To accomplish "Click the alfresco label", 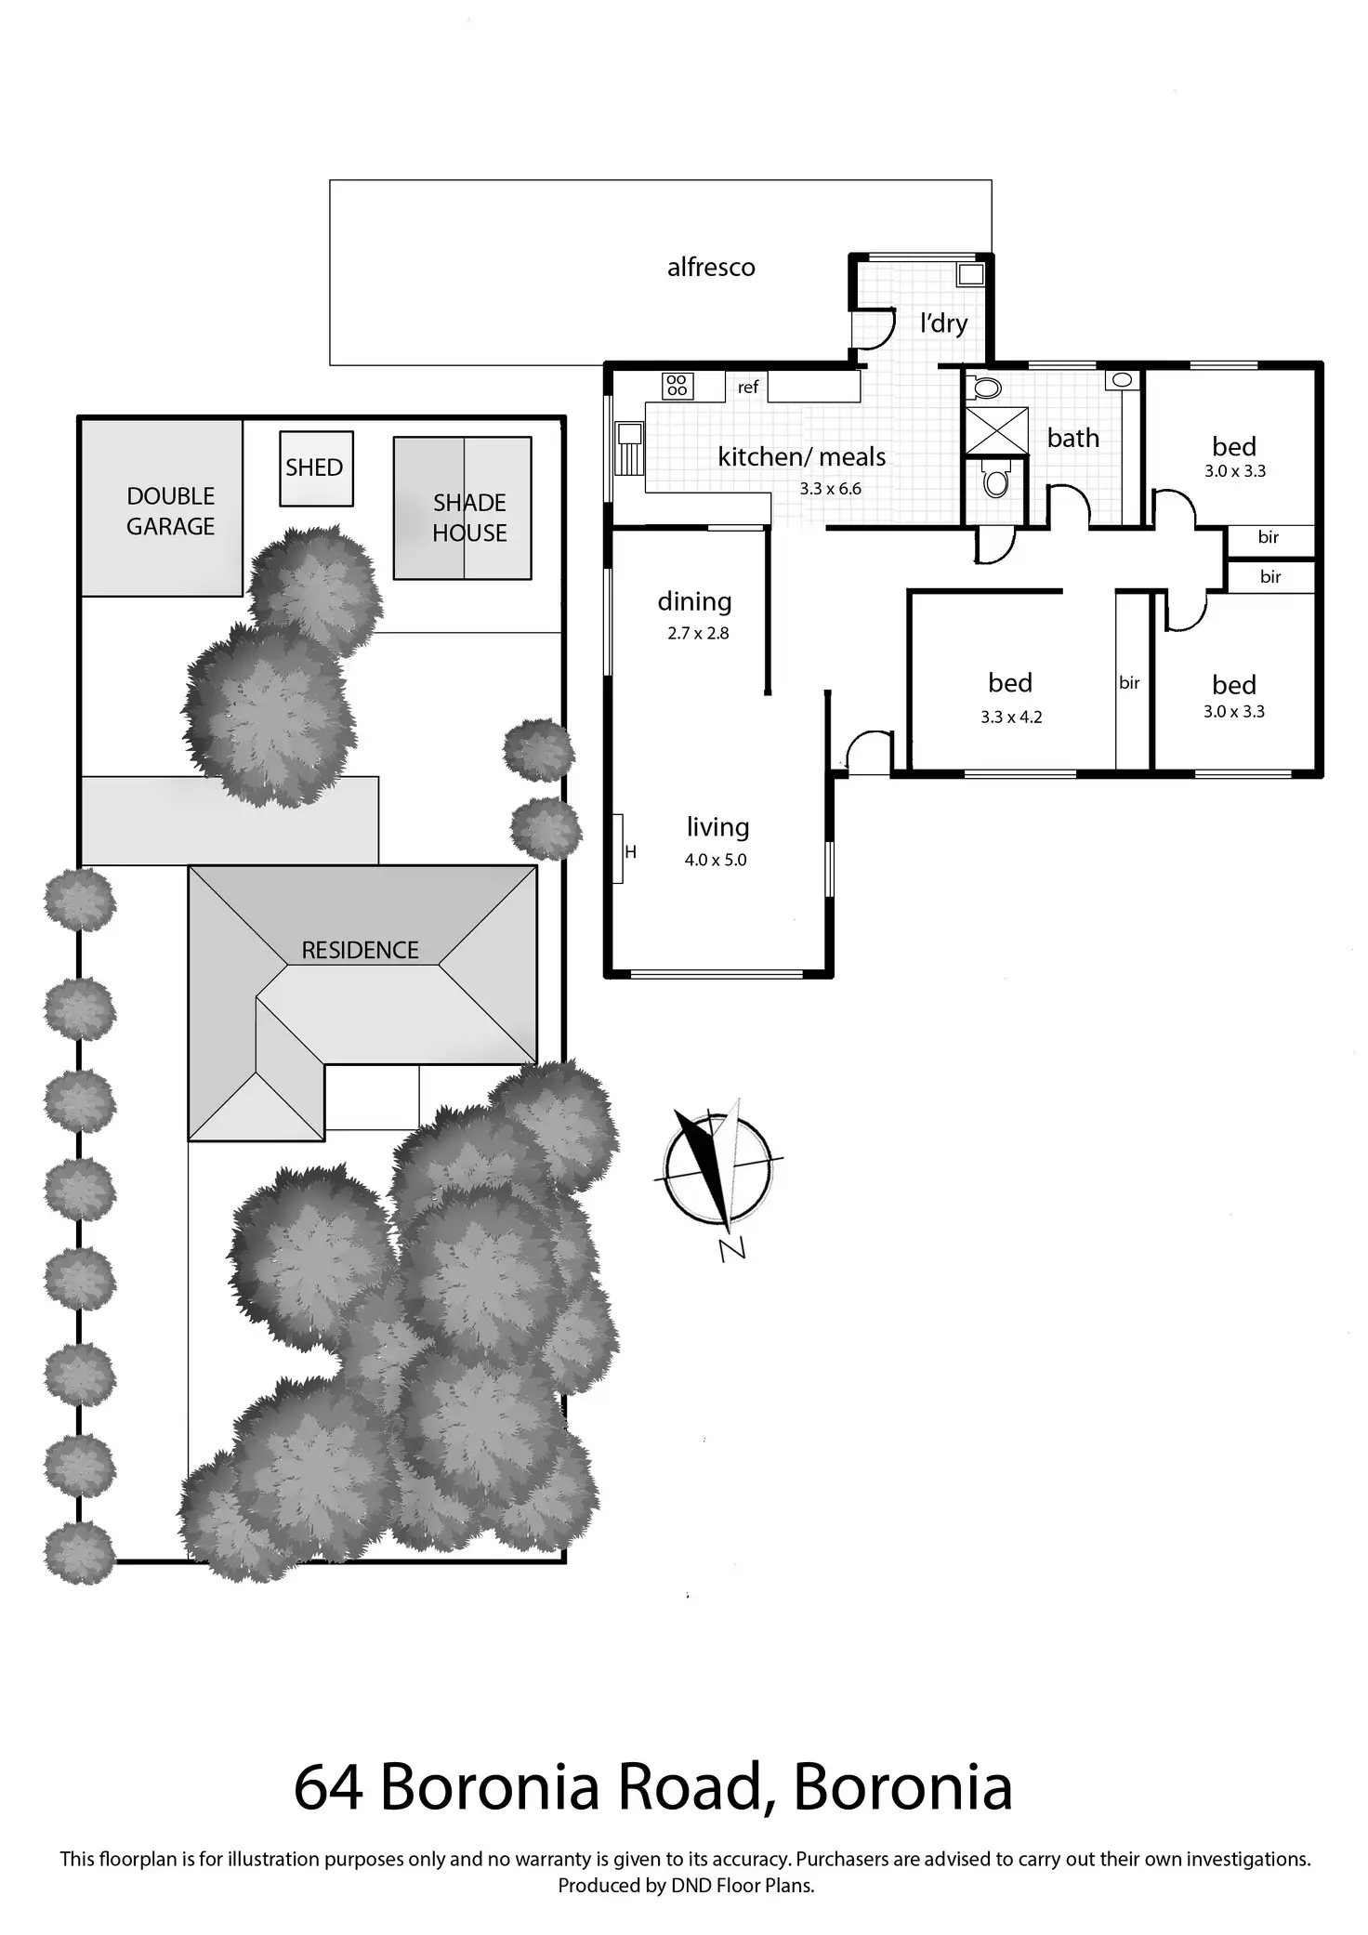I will point(711,268).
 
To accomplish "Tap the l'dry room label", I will point(943,323).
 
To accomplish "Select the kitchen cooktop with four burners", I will point(677,385).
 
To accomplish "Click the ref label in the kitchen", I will point(748,388).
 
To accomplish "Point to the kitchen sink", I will point(630,437).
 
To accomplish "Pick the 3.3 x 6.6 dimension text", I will point(831,489).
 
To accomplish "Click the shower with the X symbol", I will point(997,430).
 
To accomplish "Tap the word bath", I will point(1073,438).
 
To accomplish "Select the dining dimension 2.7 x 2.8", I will point(698,634).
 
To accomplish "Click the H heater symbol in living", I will point(630,852).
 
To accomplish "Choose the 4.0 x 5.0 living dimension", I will point(716,861).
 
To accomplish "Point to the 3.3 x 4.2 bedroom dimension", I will point(1011,717).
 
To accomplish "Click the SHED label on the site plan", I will point(314,467).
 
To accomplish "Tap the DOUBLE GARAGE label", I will point(171,511).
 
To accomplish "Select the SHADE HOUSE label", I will point(469,518).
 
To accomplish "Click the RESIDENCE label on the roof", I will point(360,950).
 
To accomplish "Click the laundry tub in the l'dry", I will point(971,274).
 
